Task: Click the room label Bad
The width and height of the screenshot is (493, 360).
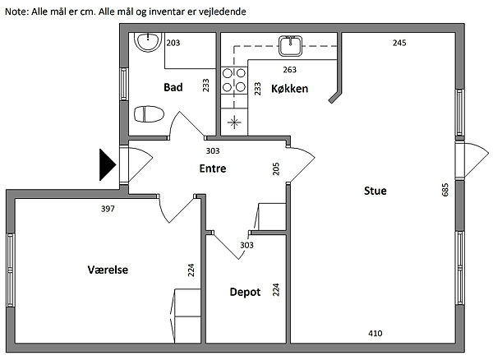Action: pos(173,87)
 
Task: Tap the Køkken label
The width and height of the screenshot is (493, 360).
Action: pos(290,87)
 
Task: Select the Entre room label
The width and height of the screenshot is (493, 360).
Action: pos(213,168)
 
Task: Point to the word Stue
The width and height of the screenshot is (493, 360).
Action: pos(376,191)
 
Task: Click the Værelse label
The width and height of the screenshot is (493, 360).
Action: pos(108,270)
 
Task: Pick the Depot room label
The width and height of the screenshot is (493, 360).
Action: pos(245,292)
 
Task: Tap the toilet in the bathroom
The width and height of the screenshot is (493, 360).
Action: pos(149,113)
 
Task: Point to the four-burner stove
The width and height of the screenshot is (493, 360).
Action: pos(235,81)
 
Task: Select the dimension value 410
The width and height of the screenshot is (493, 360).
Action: pos(375,333)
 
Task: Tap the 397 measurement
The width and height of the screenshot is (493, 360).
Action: pos(107,209)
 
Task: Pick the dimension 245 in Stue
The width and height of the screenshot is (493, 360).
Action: pos(399,43)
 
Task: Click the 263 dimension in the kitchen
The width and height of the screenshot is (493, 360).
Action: pos(289,69)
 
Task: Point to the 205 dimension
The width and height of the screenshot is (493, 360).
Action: pos(275,168)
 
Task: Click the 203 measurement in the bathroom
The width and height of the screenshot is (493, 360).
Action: pos(173,43)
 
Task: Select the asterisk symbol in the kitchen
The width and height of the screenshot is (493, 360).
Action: pos(235,124)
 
